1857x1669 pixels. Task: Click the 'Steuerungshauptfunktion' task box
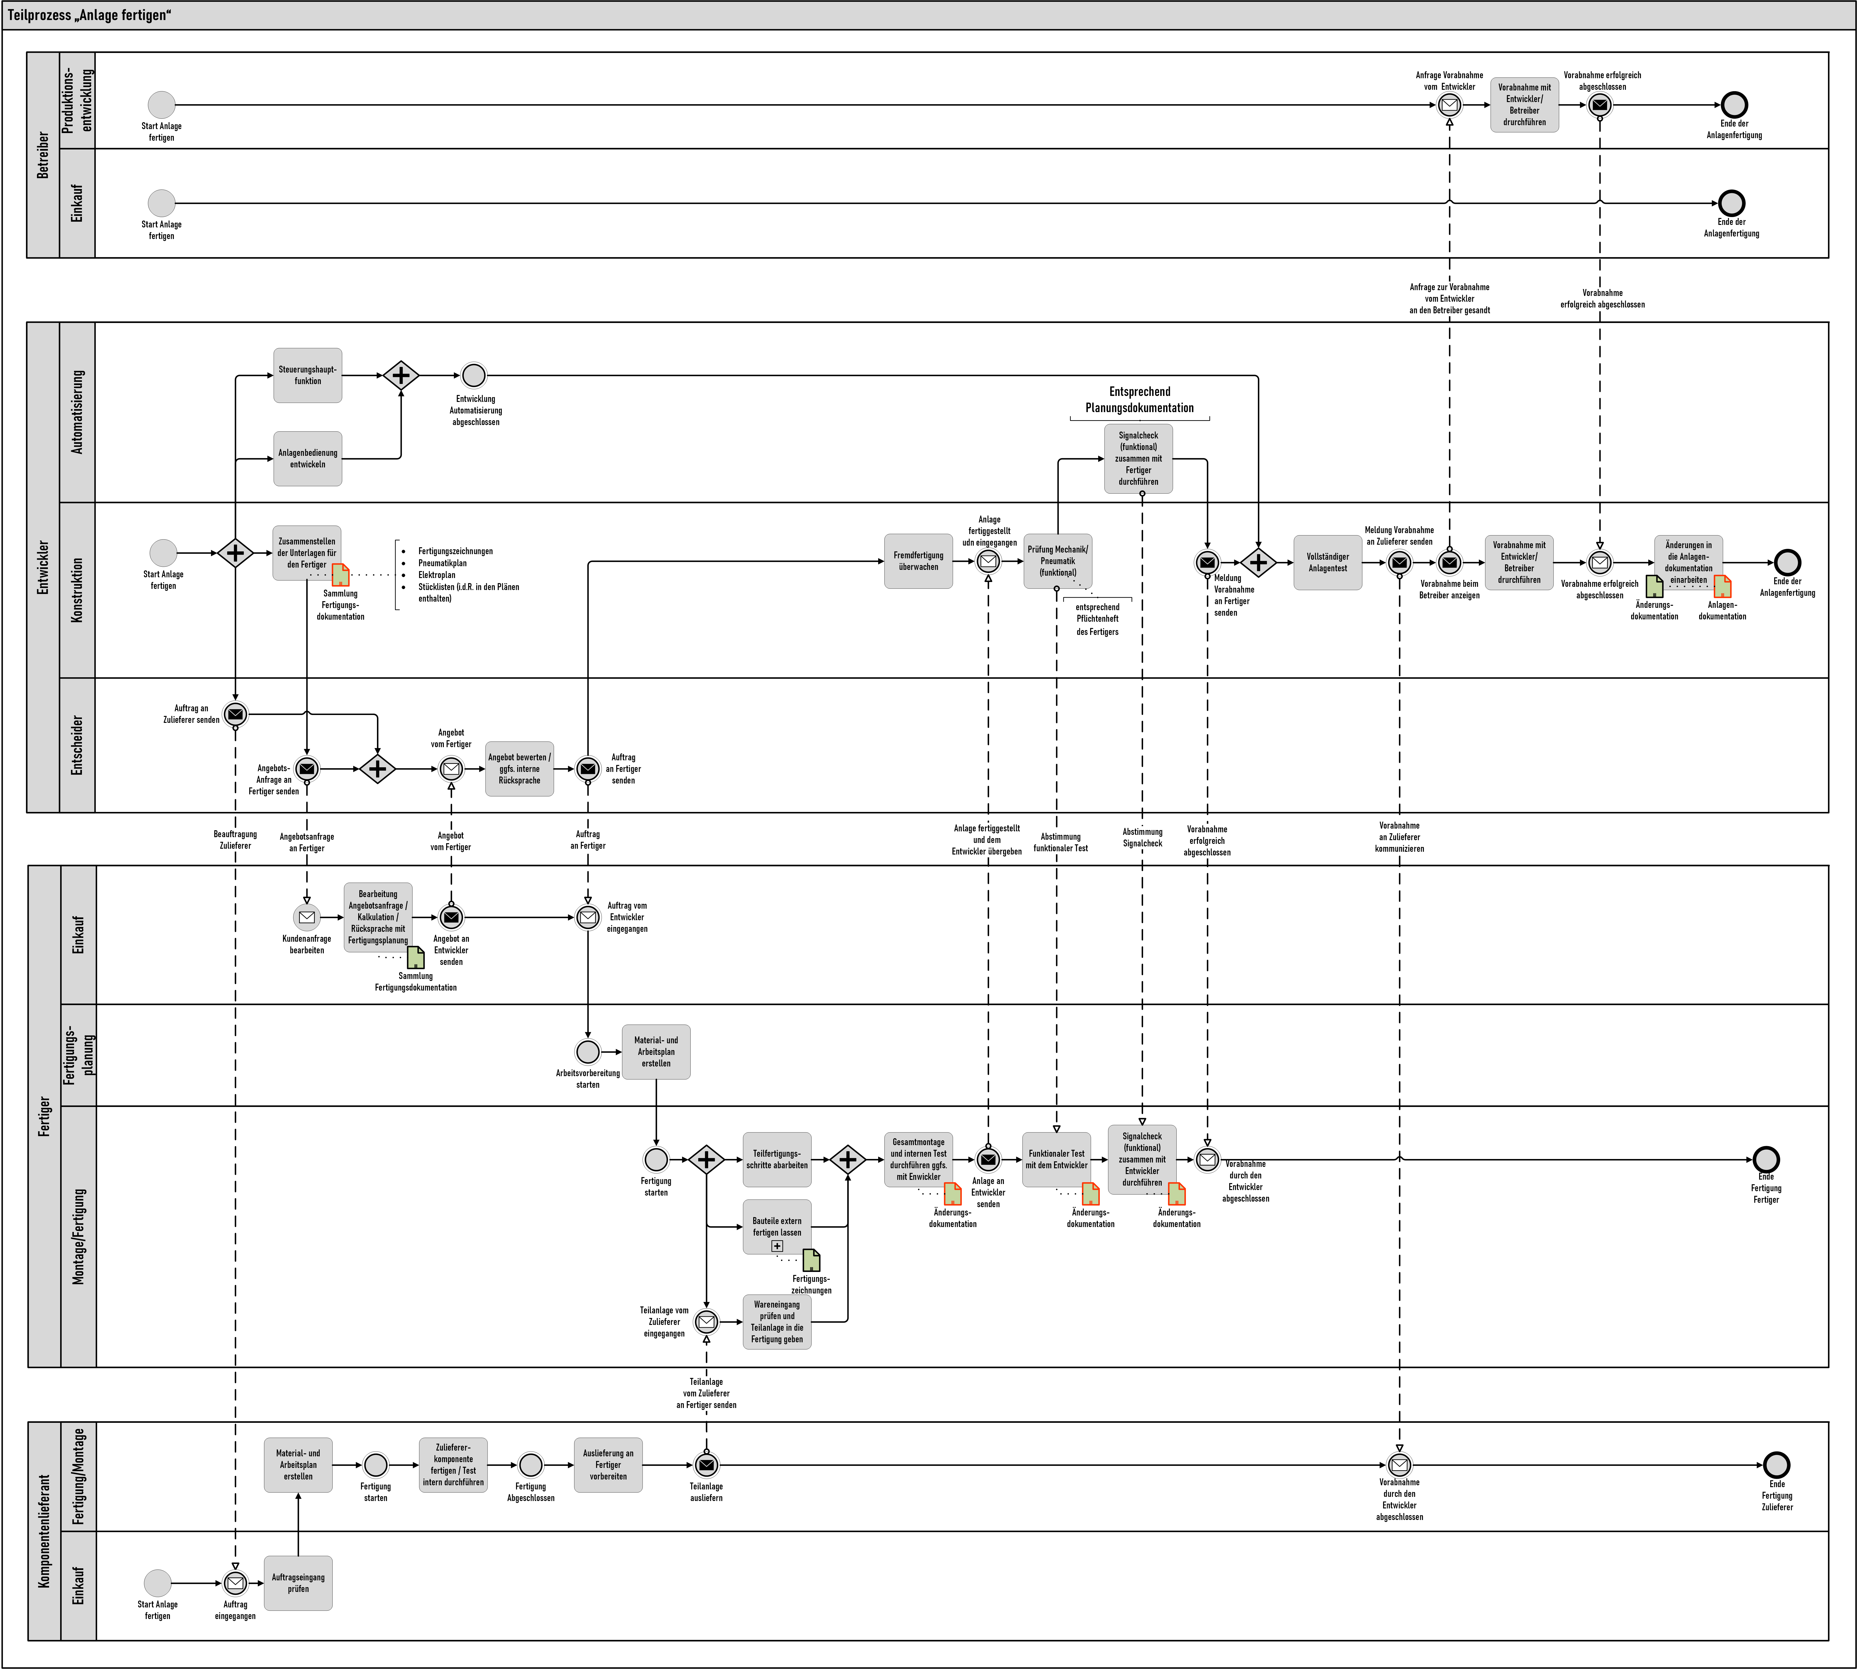(x=307, y=375)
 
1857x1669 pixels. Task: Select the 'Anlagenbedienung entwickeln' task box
(x=307, y=459)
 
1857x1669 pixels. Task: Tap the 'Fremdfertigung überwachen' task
(x=918, y=561)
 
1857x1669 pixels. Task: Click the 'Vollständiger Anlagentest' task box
(x=1327, y=562)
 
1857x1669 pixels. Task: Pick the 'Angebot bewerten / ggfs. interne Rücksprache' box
(x=519, y=768)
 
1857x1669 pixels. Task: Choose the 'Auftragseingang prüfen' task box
(x=298, y=1583)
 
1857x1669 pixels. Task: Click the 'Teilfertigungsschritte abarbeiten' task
(x=777, y=1159)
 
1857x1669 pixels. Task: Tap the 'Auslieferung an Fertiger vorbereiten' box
(x=608, y=1464)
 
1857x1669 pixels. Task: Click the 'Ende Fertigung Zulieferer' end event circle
(x=1776, y=1464)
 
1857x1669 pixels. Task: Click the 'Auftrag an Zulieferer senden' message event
(x=236, y=713)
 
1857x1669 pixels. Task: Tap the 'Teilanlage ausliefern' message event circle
(x=706, y=1464)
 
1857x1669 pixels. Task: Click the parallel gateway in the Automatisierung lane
(x=401, y=375)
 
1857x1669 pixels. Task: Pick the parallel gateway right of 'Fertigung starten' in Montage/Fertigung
(x=706, y=1159)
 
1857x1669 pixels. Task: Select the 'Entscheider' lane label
(x=77, y=745)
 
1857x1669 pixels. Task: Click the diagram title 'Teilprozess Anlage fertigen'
(x=89, y=15)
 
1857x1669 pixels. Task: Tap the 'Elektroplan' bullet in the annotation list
(x=436, y=575)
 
